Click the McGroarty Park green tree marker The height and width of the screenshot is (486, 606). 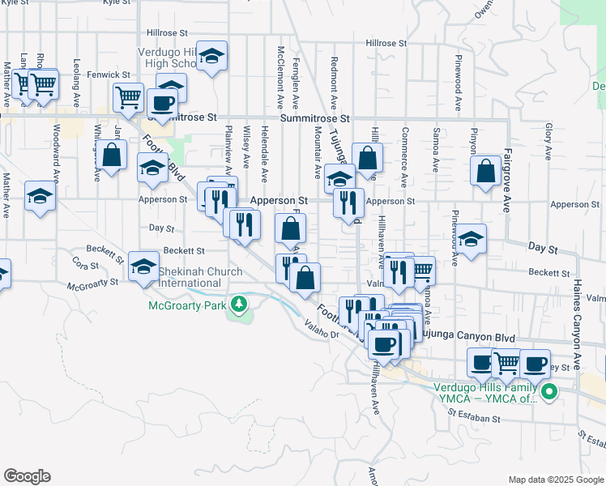click(238, 305)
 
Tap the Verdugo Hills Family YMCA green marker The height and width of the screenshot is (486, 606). click(549, 394)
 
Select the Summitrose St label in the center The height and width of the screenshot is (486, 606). click(314, 118)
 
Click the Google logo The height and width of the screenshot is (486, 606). click(26, 476)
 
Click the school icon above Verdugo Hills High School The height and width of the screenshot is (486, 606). click(211, 56)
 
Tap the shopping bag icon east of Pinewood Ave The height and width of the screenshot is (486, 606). click(485, 171)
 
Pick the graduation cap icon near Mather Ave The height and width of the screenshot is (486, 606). click(40, 197)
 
